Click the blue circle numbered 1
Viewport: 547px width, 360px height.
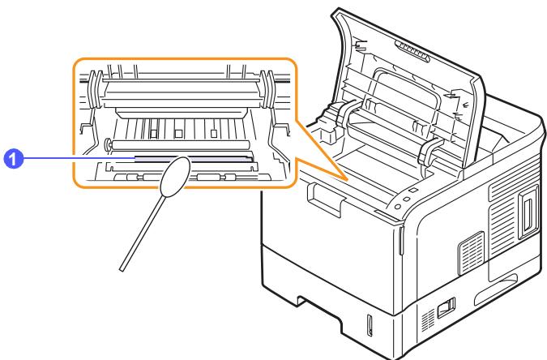point(13,159)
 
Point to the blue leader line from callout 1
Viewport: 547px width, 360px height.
point(79,158)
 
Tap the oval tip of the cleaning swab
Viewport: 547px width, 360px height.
point(175,176)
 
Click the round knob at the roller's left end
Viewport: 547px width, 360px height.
point(108,144)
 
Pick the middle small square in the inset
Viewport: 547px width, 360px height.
point(178,133)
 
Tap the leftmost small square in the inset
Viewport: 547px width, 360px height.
point(153,133)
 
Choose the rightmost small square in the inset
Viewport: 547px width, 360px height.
point(214,133)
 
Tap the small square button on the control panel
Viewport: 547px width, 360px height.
point(412,191)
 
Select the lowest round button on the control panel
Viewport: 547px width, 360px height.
point(397,207)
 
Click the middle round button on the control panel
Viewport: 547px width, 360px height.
point(406,199)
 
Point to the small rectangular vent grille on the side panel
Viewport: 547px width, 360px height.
point(471,253)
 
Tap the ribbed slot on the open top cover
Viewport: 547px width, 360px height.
point(412,50)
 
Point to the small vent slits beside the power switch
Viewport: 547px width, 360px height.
point(429,319)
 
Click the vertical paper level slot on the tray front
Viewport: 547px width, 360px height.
point(370,326)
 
